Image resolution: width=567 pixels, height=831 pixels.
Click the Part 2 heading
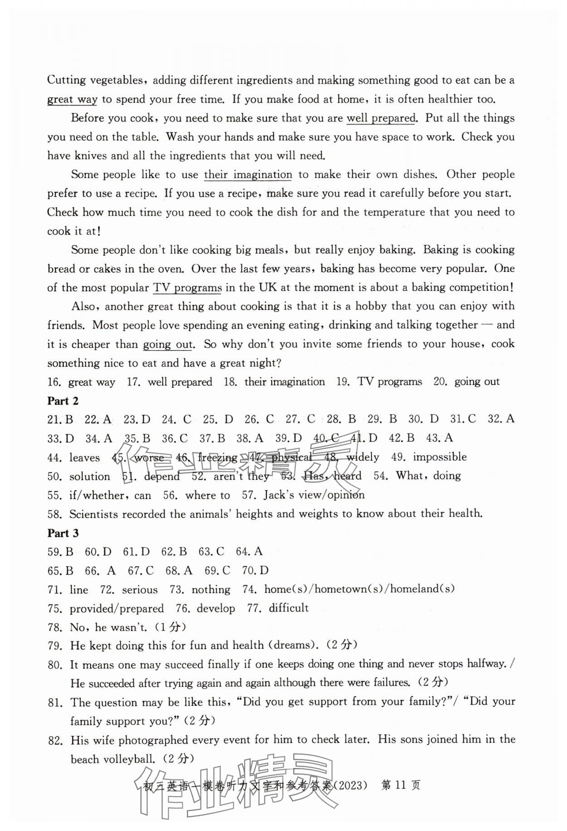point(63,401)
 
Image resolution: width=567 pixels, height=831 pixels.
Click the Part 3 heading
point(63,533)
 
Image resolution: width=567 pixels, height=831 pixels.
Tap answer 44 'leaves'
point(84,457)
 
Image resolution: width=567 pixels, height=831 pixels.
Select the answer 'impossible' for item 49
point(440,457)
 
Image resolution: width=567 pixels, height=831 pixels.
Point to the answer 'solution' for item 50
point(89,476)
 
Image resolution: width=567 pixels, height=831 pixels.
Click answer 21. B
point(60,419)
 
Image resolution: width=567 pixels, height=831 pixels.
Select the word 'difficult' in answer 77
point(288,608)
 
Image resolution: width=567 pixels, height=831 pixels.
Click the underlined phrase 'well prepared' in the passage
point(381,118)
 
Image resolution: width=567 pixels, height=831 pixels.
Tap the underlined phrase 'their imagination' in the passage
point(248,175)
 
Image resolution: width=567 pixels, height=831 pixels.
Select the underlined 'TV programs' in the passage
point(188,287)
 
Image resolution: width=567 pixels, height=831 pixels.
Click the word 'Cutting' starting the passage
point(66,80)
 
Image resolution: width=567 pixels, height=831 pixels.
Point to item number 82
point(54,741)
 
